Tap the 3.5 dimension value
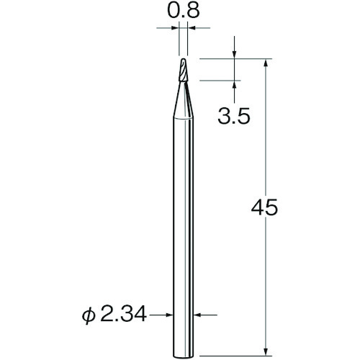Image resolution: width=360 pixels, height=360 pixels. pyautogui.click(x=234, y=116)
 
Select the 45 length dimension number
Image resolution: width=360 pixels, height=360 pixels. pyautogui.click(x=264, y=207)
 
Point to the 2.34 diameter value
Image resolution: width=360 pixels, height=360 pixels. pyautogui.click(x=123, y=314)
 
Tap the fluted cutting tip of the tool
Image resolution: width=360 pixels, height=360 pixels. pyautogui.click(x=184, y=70)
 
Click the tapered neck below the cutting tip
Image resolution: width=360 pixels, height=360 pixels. pyautogui.click(x=183, y=99)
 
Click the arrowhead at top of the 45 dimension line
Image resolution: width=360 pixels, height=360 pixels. pyautogui.click(x=265, y=63)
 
